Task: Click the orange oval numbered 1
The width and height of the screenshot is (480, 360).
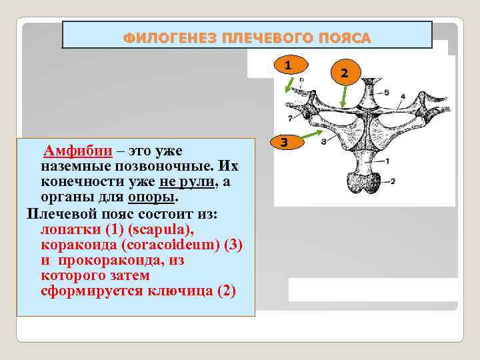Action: tap(287, 65)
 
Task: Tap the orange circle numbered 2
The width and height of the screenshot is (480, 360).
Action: tap(344, 72)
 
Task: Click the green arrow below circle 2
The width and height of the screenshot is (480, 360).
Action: tap(343, 97)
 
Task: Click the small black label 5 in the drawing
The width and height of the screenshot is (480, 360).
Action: tap(385, 91)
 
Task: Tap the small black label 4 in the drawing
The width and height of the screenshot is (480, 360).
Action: tap(402, 97)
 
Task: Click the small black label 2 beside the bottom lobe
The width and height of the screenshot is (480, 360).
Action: tap(393, 181)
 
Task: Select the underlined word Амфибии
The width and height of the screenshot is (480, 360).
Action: tap(73, 151)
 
